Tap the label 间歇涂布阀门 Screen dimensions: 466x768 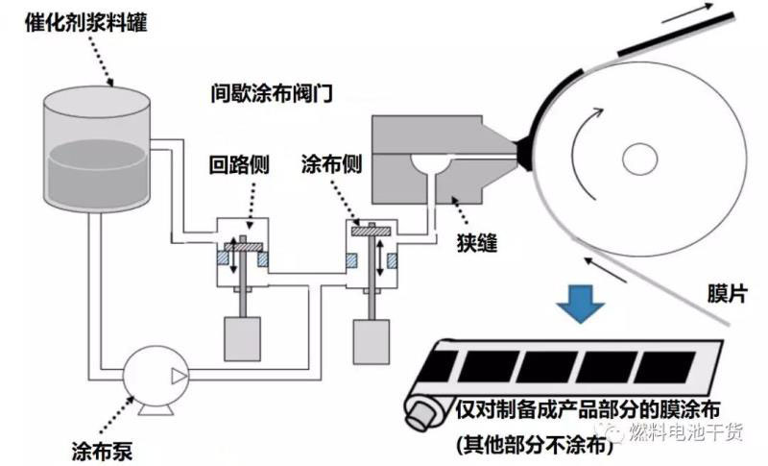[272, 94]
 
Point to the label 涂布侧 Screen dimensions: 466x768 [332, 164]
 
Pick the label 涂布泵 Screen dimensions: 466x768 [108, 448]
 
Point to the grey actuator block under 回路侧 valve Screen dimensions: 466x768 [245, 337]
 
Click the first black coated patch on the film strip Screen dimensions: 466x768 [474, 366]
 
